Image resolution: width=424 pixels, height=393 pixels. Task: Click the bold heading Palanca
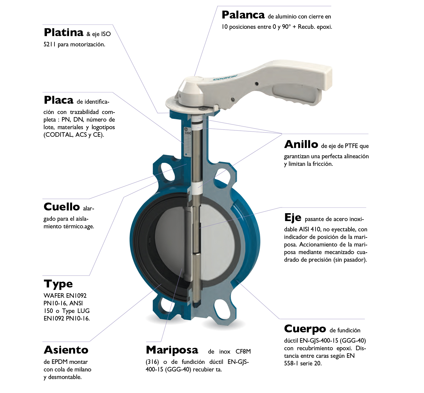(x=243, y=15)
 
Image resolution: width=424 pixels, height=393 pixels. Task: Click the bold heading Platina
(x=63, y=32)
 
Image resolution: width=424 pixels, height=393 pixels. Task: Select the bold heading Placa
(x=58, y=100)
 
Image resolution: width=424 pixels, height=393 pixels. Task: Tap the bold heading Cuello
(x=62, y=207)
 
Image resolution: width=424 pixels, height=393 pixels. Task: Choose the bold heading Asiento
(x=66, y=350)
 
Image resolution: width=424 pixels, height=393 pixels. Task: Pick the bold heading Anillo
(x=301, y=144)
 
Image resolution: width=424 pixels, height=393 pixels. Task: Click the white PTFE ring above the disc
(x=197, y=185)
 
